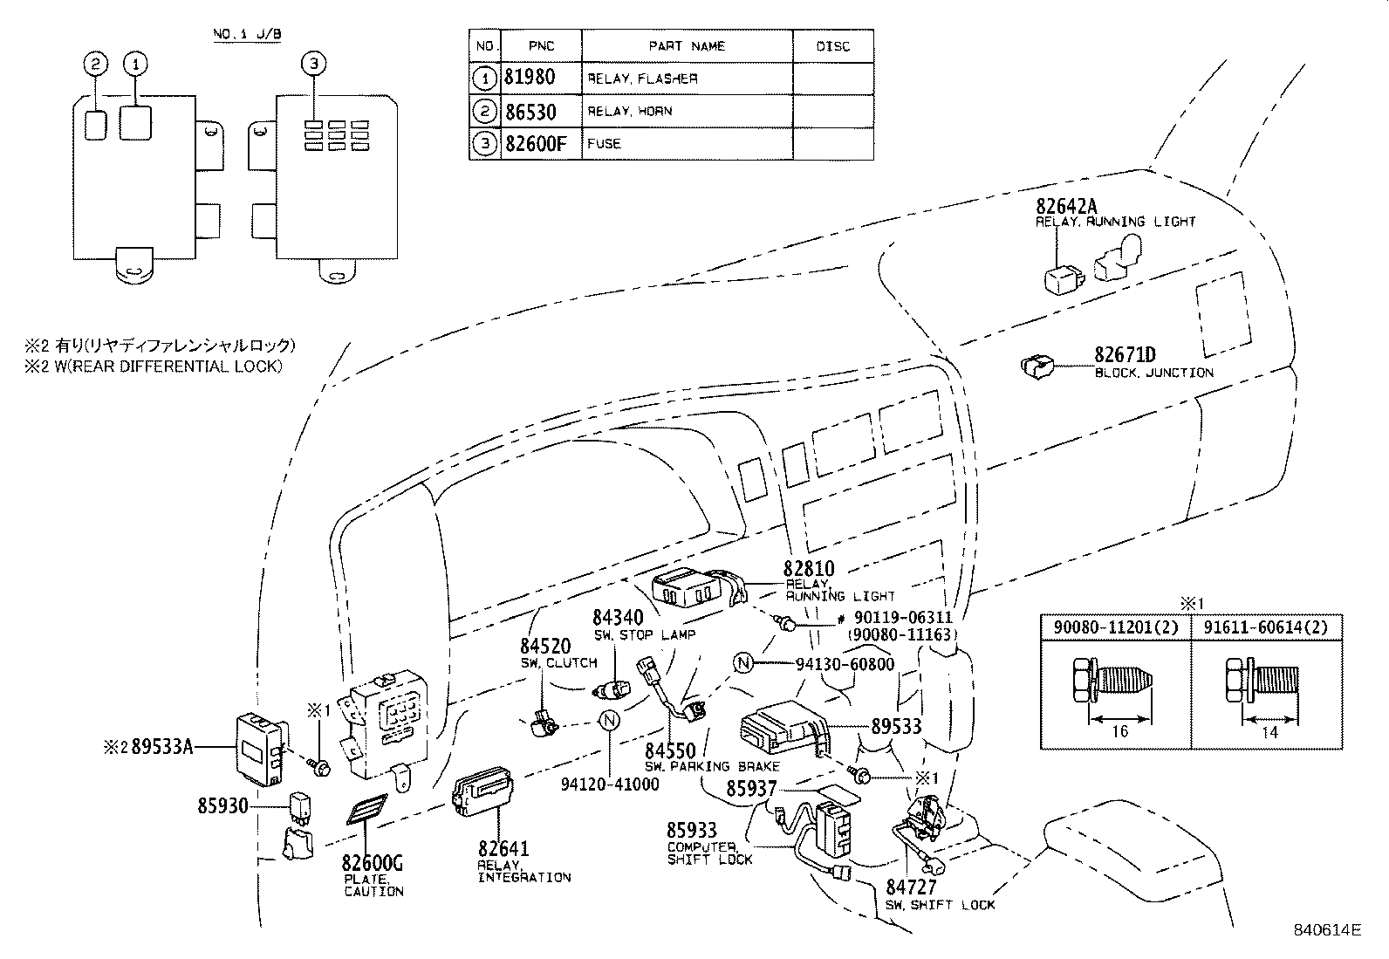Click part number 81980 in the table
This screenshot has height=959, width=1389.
pyautogui.click(x=529, y=78)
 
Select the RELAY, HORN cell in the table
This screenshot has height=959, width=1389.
pyautogui.click(x=629, y=112)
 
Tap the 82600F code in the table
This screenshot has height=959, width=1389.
pyautogui.click(x=536, y=144)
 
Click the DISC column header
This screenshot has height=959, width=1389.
pyautogui.click(x=832, y=46)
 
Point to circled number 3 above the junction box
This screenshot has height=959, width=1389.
pyautogui.click(x=314, y=63)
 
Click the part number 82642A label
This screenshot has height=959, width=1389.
pyautogui.click(x=1065, y=207)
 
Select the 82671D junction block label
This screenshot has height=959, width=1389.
pyautogui.click(x=1125, y=355)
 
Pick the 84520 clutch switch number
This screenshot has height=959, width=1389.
pyautogui.click(x=545, y=647)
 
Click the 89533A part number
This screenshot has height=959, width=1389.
pyautogui.click(x=161, y=747)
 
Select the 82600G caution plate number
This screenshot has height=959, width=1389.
pyautogui.click(x=373, y=864)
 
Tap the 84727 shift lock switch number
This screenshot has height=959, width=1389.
pyautogui.click(x=912, y=887)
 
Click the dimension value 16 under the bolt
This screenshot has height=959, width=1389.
pyautogui.click(x=1119, y=730)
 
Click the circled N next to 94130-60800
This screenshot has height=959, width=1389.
pyautogui.click(x=742, y=664)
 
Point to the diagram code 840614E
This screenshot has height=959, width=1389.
pyautogui.click(x=1326, y=930)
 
